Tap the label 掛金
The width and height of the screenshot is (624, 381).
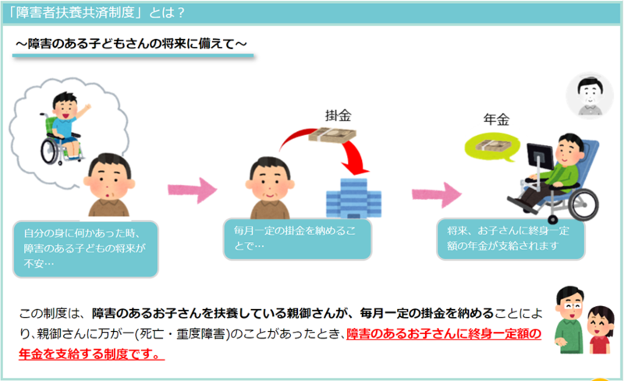(338, 115)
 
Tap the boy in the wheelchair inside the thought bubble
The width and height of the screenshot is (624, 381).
(62, 128)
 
